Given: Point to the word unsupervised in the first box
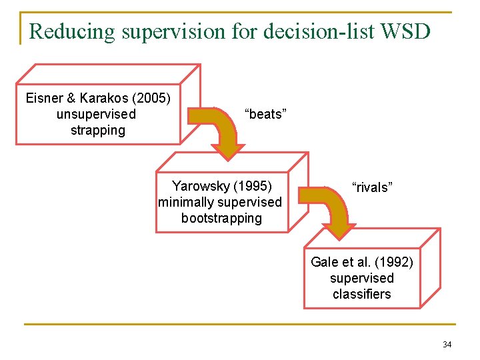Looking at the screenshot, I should (96, 114).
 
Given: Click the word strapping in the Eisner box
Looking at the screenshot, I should (98, 130).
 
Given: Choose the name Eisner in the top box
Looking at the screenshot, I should (43, 99).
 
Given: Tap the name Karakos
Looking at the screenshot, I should (98, 99).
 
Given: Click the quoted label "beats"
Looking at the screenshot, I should (266, 114).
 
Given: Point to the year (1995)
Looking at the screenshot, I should (252, 185).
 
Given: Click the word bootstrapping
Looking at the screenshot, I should (221, 218).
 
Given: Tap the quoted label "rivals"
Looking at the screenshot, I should (372, 187).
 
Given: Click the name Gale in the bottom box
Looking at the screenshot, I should (325, 262).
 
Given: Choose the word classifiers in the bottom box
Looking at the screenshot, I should (361, 294).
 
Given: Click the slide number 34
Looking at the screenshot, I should (447, 345).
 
